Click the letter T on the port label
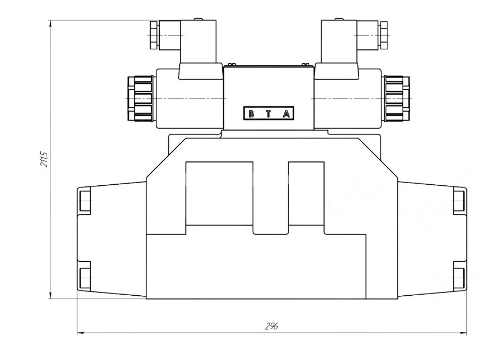pos(268,114)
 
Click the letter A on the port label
pos(286,114)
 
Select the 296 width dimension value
pos(271,326)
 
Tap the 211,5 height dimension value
pos(45,159)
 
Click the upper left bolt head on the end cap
pos(85,201)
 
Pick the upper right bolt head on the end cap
pos(459,201)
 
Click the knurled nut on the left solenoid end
pos(140,98)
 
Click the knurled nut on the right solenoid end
pos(397,98)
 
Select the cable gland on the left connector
pos(154,36)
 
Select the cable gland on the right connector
pos(383,36)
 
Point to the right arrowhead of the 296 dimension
pos(464,333)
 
